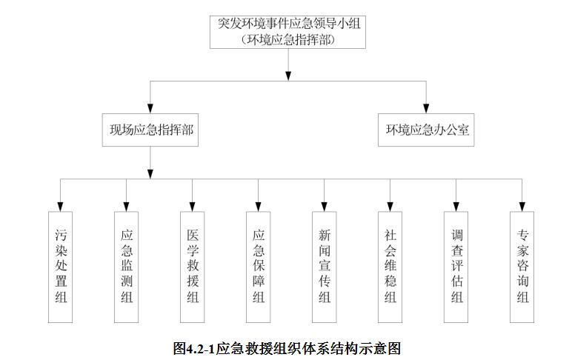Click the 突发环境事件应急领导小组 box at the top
287,32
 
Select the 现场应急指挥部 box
150,130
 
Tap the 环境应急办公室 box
426,130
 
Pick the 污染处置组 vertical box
60,267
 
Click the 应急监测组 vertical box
126,267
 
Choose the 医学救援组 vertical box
192,267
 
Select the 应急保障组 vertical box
259,267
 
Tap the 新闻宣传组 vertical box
325,267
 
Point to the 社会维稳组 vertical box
390,267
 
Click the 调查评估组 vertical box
456,267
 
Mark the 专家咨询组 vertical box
522,267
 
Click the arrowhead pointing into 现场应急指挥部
150,108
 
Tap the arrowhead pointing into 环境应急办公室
426,108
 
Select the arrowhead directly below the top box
288,76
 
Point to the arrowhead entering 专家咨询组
522,207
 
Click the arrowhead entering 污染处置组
60,207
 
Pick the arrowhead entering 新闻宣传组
325,207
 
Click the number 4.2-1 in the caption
200,349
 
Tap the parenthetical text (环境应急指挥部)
287,39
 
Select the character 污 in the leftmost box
61,235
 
